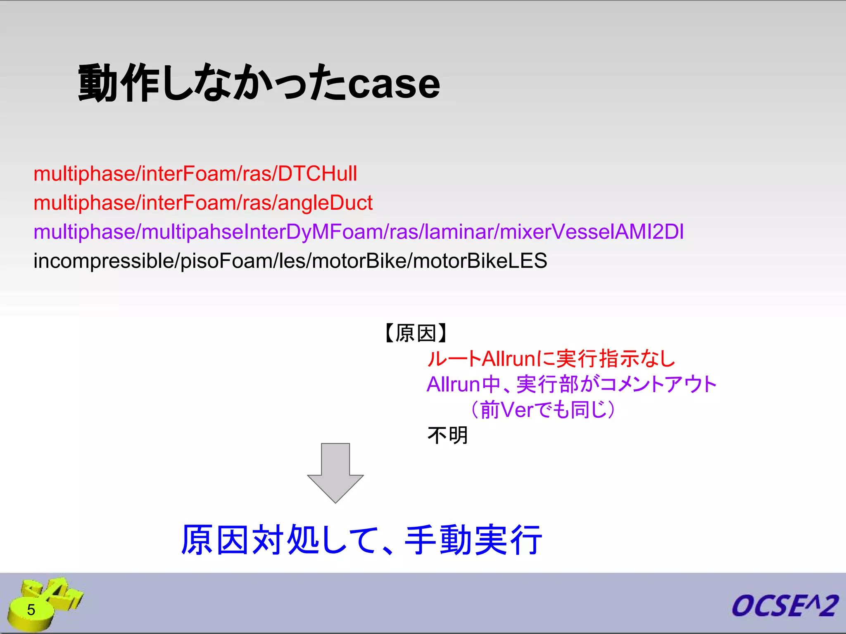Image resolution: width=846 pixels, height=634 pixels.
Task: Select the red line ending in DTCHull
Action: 195,174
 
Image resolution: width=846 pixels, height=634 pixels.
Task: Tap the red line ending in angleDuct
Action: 203,203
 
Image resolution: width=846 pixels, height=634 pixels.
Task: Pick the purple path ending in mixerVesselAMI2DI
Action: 358,232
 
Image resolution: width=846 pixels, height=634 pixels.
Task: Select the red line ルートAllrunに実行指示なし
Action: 551,359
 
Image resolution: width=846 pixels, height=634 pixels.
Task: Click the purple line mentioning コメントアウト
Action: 571,385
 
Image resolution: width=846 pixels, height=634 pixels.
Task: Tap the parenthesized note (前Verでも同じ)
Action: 542,410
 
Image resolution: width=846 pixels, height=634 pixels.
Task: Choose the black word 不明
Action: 447,435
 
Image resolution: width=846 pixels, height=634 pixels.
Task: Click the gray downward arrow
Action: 335,473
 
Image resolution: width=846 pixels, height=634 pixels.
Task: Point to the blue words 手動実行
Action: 473,540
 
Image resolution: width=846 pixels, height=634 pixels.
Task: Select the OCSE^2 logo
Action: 784,606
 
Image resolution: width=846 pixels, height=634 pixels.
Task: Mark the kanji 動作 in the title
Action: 119,84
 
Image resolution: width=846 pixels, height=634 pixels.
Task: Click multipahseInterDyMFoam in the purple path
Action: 262,232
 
